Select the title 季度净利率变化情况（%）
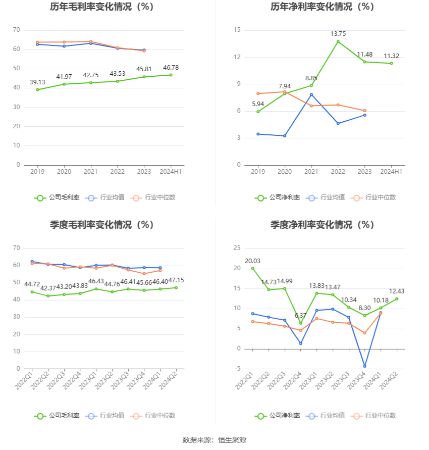point(322,225)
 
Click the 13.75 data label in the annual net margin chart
point(338,34)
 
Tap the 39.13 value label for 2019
point(37,82)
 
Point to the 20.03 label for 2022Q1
point(252,261)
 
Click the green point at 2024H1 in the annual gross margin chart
point(171,75)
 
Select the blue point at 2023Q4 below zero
point(364,366)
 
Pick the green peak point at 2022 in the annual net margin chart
point(338,41)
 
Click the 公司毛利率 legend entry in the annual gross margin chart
point(57,197)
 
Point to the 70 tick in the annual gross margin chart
point(16,30)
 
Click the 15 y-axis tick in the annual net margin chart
point(237,30)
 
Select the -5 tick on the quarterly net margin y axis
point(237,369)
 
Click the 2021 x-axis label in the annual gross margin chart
point(90,172)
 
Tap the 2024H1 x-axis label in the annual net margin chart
point(391,172)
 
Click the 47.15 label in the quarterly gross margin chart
point(176,280)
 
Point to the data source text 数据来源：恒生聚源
point(215,440)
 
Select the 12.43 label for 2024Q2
point(397,291)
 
